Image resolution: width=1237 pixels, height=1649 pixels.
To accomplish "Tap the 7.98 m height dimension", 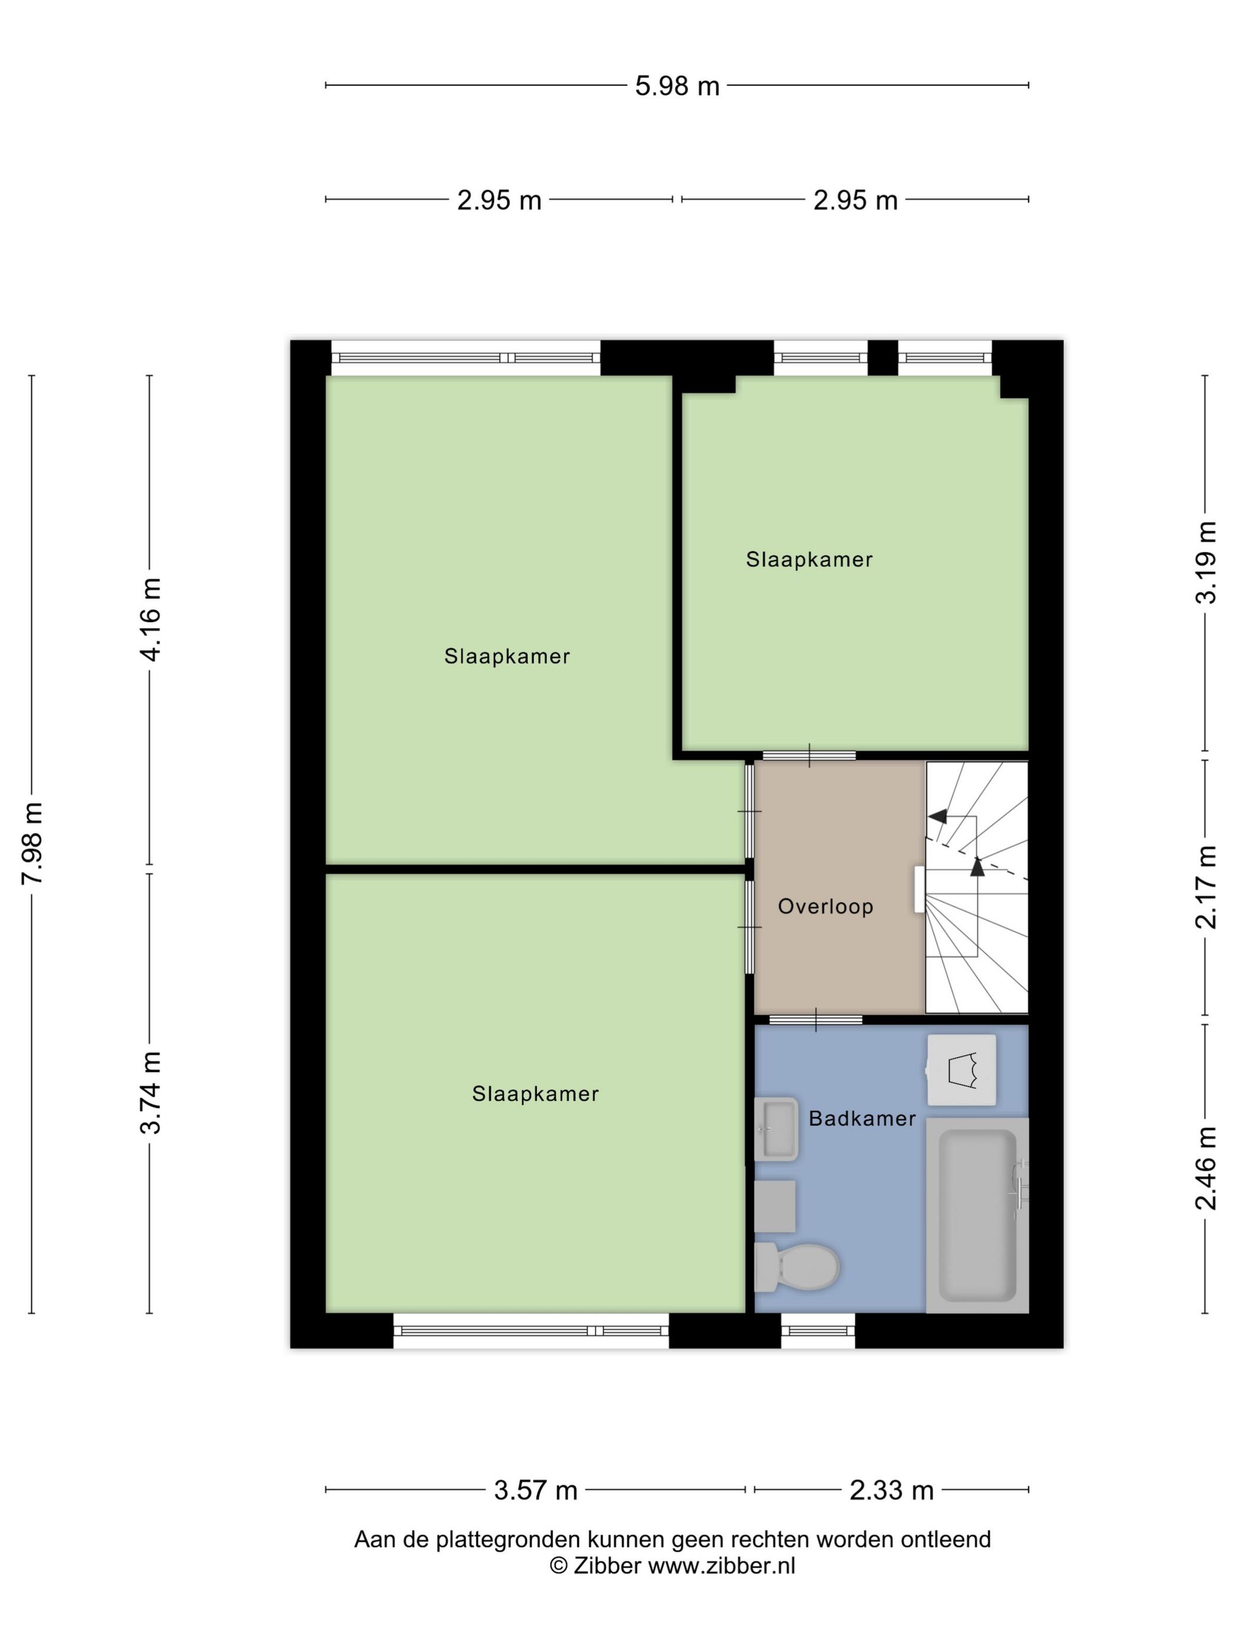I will pos(33,842).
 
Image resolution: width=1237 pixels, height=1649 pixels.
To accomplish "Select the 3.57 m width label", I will pos(535,1490).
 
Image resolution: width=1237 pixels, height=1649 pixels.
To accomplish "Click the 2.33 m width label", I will pos(891,1490).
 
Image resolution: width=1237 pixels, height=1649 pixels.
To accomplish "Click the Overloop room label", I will pos(825,906).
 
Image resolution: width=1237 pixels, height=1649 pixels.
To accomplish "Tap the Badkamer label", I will pos(862,1118).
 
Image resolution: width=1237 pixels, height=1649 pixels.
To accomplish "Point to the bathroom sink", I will pos(775,1128).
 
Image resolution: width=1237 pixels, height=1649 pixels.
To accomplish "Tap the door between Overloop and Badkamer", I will pos(816,1019).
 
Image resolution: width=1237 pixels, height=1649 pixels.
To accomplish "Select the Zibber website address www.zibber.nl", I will pos(721,1565).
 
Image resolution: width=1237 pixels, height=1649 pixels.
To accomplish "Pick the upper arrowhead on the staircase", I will pos(937,816).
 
